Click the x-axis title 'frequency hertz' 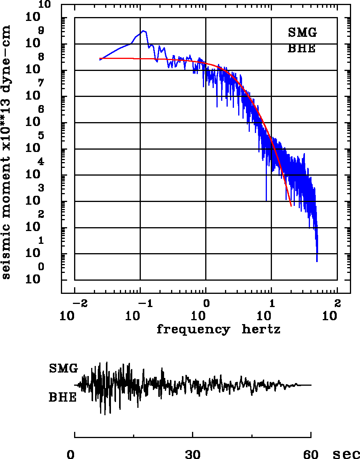218,330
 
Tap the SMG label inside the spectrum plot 303,33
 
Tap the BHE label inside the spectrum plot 301,49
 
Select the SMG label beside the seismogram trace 63,368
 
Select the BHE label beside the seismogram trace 62,398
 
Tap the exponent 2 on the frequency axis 337,303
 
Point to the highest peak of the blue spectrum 143,31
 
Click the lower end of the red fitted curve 291,206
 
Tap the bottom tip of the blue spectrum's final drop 317,262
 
